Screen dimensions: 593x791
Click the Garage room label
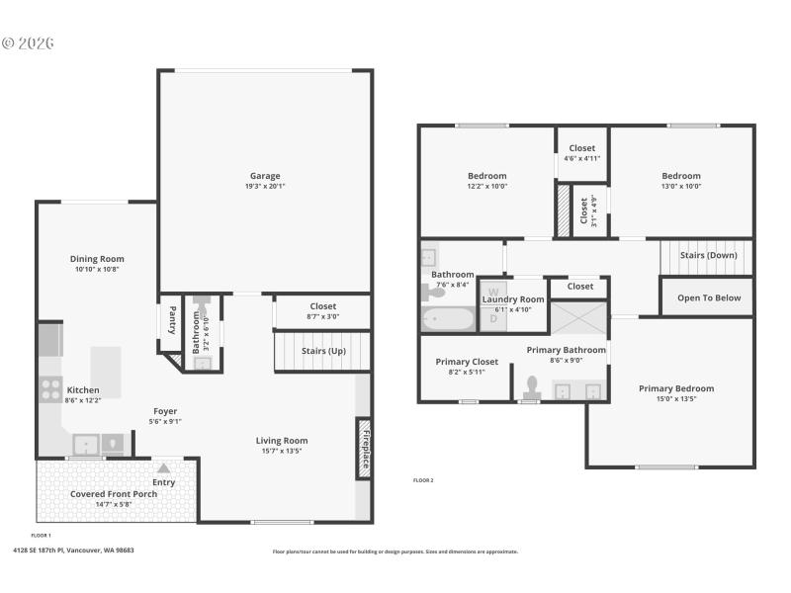pos(264,176)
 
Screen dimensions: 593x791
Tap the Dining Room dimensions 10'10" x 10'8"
pos(97,269)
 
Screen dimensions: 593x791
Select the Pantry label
pos(171,320)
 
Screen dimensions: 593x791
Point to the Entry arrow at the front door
pos(163,468)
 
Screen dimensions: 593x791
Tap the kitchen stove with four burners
pos(49,389)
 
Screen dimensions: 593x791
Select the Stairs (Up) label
pos(323,350)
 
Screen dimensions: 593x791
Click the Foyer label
pos(165,411)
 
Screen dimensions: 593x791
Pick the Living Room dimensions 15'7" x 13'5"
pos(282,451)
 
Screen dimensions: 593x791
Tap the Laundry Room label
pos(512,298)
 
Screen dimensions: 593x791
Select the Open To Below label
pos(708,297)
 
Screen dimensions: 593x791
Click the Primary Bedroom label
pos(675,388)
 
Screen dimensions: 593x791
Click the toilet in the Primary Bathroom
pos(531,384)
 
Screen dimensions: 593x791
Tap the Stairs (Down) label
pos(708,255)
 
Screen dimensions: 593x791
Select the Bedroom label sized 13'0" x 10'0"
pos(680,176)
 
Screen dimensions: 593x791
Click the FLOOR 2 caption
pos(423,480)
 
